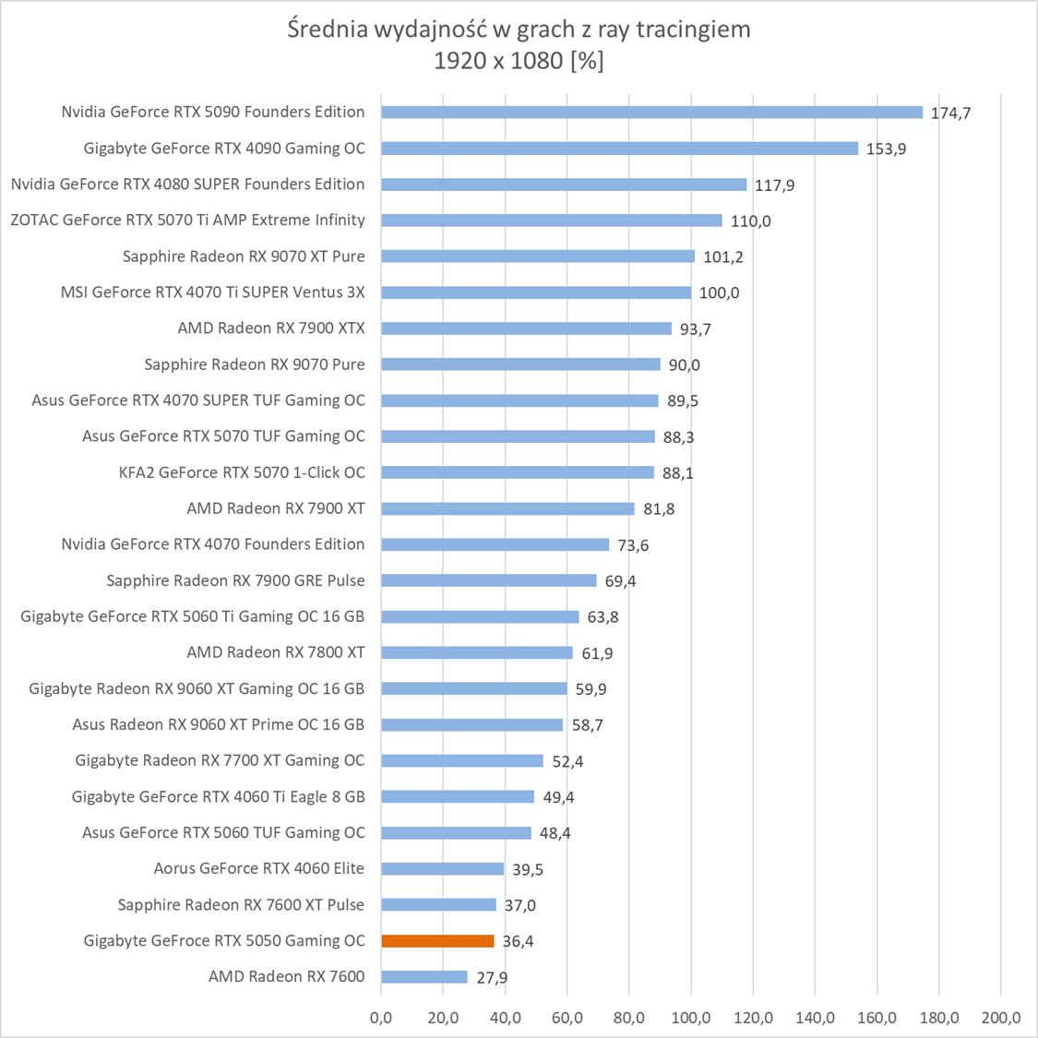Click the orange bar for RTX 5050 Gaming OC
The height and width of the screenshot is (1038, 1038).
(x=437, y=941)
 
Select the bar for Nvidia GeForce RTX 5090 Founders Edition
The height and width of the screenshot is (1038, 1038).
(x=651, y=113)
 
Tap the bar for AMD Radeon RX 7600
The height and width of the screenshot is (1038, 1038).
(x=424, y=977)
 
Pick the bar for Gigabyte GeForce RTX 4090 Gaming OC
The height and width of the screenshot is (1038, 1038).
(x=619, y=149)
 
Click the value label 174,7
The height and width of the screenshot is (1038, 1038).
(x=950, y=113)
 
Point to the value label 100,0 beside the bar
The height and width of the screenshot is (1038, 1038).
(x=719, y=293)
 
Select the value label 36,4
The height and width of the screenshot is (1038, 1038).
(x=518, y=942)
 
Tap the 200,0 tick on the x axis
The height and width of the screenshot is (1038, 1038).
(x=1001, y=1019)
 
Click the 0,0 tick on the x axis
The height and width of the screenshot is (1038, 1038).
(x=381, y=1019)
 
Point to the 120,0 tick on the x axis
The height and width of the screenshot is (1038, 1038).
(x=753, y=1019)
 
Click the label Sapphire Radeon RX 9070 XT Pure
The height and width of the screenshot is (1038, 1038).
(x=244, y=257)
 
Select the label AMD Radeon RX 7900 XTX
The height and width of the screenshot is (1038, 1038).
(x=271, y=328)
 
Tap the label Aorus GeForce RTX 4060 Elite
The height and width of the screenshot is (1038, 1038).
(x=259, y=868)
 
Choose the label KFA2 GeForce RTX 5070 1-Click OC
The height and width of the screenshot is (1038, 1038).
(x=242, y=472)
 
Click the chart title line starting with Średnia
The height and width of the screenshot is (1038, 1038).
(x=519, y=30)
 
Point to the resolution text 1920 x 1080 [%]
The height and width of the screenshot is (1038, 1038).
(x=519, y=61)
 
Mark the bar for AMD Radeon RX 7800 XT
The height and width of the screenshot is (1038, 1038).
(x=477, y=653)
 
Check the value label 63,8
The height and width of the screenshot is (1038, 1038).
(x=603, y=617)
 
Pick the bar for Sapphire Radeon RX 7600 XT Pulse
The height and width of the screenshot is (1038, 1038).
(x=438, y=905)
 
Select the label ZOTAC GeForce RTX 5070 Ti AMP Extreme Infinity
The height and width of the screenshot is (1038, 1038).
(x=188, y=221)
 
